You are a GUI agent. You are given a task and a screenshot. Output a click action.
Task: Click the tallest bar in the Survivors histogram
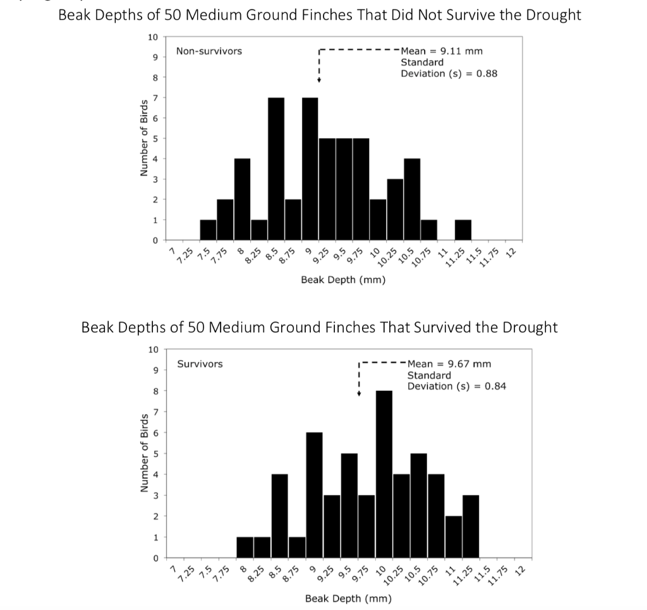click(384, 474)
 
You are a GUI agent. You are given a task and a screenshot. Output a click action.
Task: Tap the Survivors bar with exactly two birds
click(454, 537)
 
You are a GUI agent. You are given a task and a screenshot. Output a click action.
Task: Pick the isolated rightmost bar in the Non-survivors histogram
click(463, 230)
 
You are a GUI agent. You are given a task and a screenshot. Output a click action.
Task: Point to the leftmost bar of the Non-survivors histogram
click(208, 230)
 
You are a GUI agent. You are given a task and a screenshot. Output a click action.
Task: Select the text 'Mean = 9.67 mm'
click(449, 364)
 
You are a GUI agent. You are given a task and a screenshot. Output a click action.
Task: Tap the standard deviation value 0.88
click(487, 73)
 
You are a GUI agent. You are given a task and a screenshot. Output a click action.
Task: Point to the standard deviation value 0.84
click(495, 386)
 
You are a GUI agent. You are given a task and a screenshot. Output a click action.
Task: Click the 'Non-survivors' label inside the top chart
click(209, 51)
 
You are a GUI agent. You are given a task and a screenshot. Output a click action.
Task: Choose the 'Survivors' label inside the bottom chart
click(200, 364)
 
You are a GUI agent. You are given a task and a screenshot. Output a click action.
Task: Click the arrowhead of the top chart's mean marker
click(318, 87)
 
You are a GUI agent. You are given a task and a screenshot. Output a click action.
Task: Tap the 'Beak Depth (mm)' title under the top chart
click(343, 279)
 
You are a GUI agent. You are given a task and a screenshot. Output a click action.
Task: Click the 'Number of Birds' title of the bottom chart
click(144, 453)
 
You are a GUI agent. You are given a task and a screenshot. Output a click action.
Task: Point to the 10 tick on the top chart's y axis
click(152, 37)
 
